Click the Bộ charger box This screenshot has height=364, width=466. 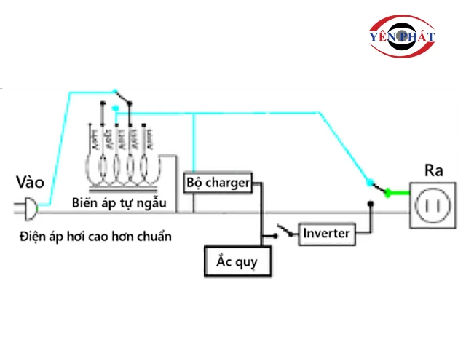point(218,182)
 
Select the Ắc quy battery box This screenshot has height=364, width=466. point(237,261)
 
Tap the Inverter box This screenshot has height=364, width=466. point(327,234)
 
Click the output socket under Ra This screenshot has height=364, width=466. point(433,207)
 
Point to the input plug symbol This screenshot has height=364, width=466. point(30,210)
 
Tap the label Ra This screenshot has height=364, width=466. point(433,172)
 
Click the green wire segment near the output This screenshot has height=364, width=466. point(398,193)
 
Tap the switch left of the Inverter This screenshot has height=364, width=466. point(285,234)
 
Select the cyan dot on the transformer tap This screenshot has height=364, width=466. point(116,110)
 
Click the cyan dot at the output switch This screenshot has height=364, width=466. point(369,183)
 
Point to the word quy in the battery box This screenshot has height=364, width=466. point(248,261)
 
